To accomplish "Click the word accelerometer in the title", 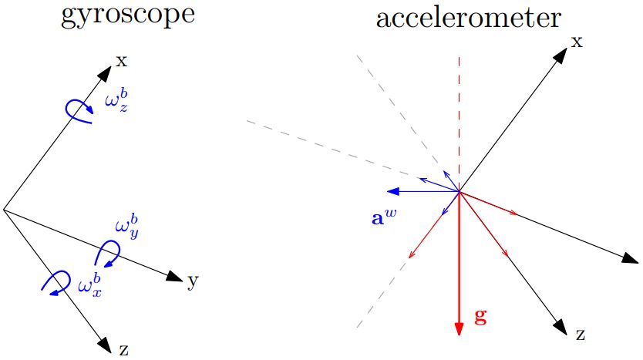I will pyautogui.click(x=467, y=16).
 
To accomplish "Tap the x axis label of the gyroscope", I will pyautogui.click(x=121, y=60).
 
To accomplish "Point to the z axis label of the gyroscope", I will pyautogui.click(x=123, y=350).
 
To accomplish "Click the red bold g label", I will pyautogui.click(x=480, y=317).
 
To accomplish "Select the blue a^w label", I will pyautogui.click(x=385, y=217).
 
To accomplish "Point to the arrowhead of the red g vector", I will pyautogui.click(x=459, y=328).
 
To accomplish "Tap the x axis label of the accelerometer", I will pyautogui.click(x=576, y=41).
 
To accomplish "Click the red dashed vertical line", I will pyautogui.click(x=459, y=116).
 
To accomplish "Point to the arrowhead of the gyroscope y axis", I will pyautogui.click(x=174, y=275).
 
